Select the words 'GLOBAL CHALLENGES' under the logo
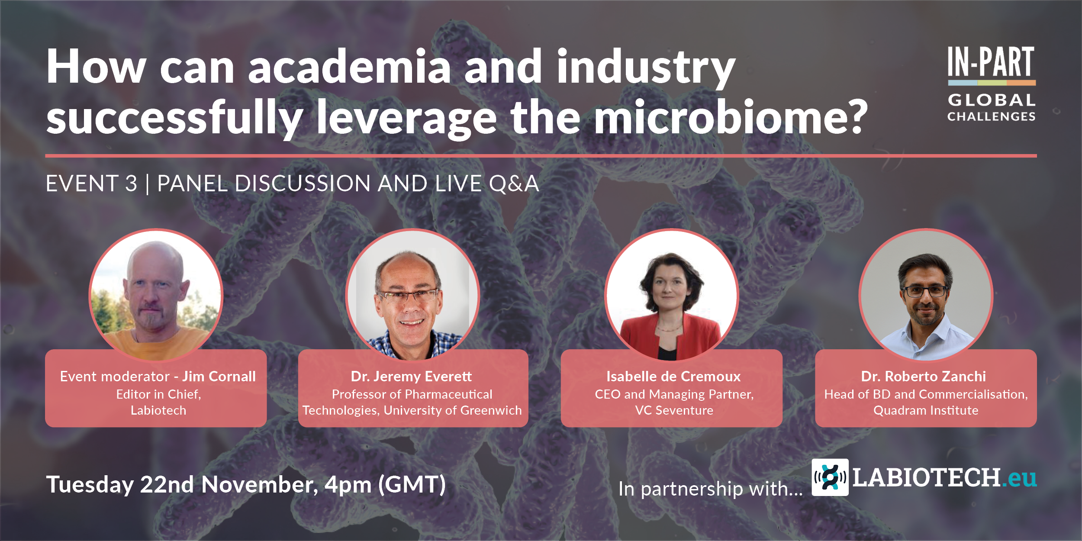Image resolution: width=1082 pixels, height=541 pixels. pyautogui.click(x=992, y=108)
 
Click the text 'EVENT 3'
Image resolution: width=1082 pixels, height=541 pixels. pyautogui.click(x=91, y=184)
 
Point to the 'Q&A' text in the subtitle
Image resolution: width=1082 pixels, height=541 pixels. pyautogui.click(x=514, y=184)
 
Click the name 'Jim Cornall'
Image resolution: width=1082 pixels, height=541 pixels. pyautogui.click(x=219, y=377)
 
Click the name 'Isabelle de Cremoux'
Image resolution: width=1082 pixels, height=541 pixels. pyautogui.click(x=673, y=377)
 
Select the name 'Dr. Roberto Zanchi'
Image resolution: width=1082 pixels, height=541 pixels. pyautogui.click(x=924, y=377)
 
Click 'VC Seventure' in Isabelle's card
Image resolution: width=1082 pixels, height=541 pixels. pyautogui.click(x=674, y=410)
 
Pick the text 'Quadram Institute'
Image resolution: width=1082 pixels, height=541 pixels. pyautogui.click(x=926, y=410)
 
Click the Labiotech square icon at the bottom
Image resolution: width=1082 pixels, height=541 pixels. pyautogui.click(x=830, y=477)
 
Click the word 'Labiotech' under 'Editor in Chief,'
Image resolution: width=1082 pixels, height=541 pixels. pyautogui.click(x=158, y=410)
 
